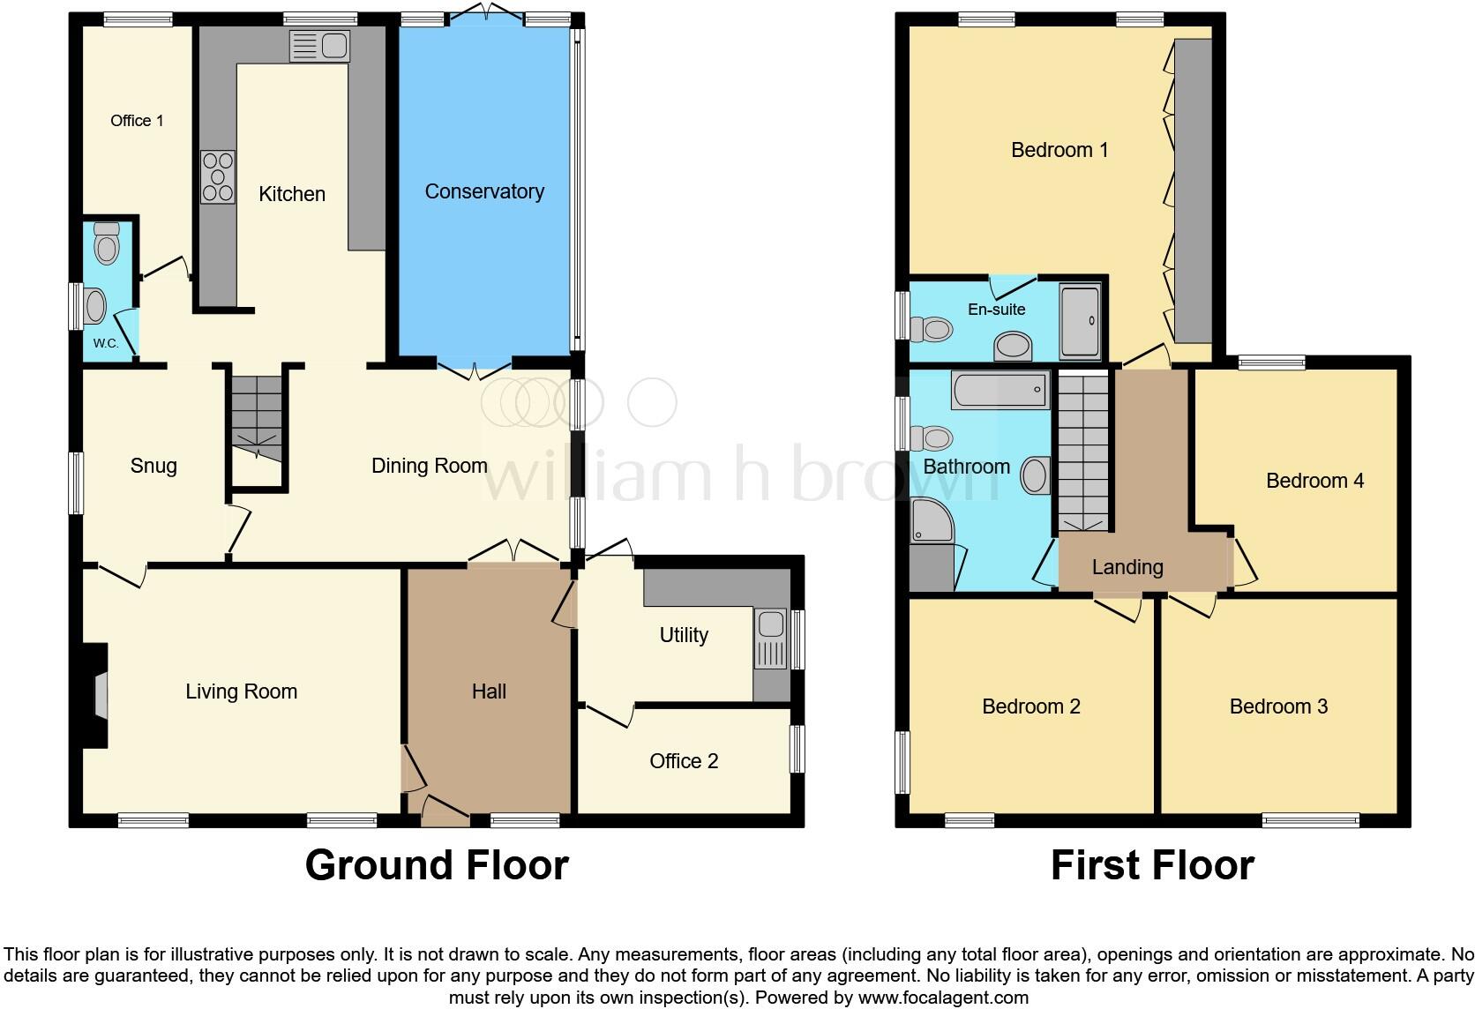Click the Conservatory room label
pos(484,191)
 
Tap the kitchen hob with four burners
pos(218,176)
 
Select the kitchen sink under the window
pos(319,46)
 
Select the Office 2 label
pos(684,761)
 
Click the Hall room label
pos(489,691)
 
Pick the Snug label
pos(153,466)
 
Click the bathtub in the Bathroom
pos(1000,389)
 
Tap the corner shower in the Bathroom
pos(932,520)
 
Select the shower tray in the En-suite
pos(1080,321)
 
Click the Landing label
pos(1127,567)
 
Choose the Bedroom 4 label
pos(1314,481)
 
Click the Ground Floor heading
pos(437,865)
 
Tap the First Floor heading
pos(1152,865)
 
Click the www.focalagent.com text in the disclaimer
pos(943,998)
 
